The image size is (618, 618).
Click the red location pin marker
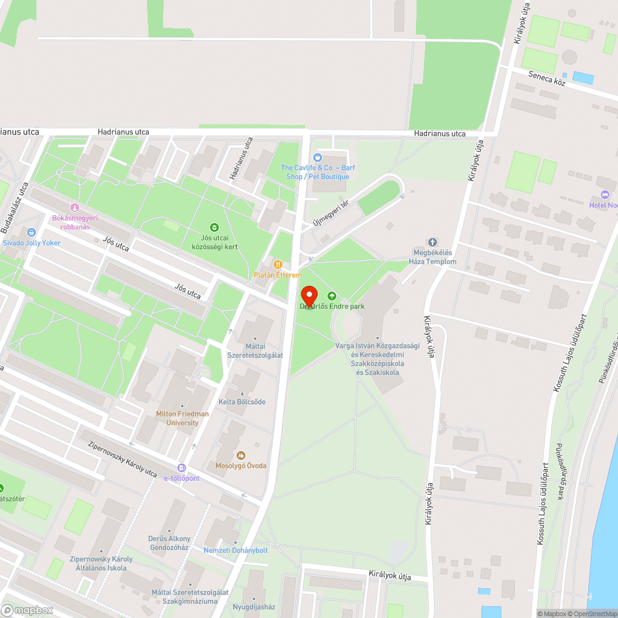pyautogui.click(x=308, y=295)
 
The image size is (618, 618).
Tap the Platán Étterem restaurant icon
pyautogui.click(x=277, y=265)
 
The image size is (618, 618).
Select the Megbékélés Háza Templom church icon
pyautogui.click(x=433, y=242)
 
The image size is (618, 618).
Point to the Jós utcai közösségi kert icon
pyautogui.click(x=214, y=227)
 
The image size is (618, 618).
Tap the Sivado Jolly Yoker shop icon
pyautogui.click(x=31, y=232)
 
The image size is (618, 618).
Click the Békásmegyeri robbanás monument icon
pyautogui.click(x=75, y=208)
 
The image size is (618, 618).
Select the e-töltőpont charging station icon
pyautogui.click(x=181, y=468)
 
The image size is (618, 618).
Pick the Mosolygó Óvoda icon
pyautogui.click(x=241, y=455)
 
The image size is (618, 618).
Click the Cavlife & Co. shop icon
pyautogui.click(x=318, y=158)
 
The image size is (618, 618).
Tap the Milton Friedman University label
pyautogui.click(x=182, y=418)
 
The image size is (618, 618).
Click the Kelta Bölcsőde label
pyautogui.click(x=242, y=402)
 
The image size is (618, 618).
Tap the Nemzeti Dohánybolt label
pyautogui.click(x=235, y=550)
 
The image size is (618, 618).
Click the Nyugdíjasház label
pyautogui.click(x=253, y=607)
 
